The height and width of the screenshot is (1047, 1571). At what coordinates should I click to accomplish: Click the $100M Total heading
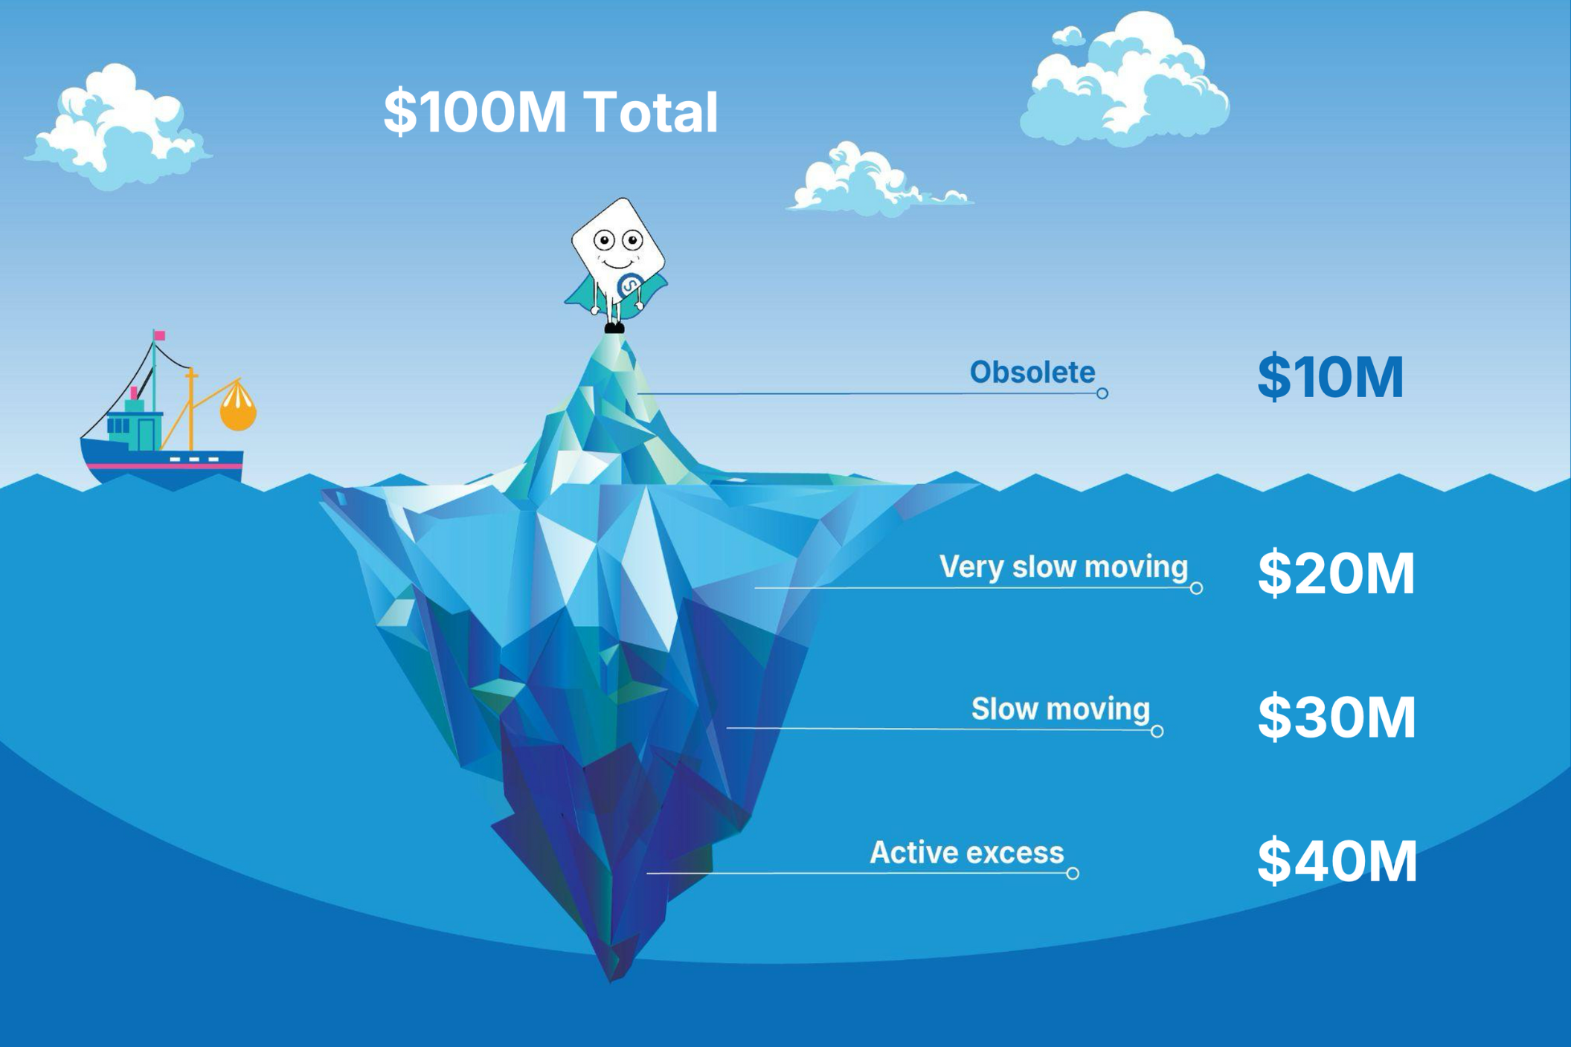pos(550,112)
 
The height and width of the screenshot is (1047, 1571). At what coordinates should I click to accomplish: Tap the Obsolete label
pos(1032,372)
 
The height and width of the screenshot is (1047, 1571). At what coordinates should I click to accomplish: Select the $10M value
pos(1330,377)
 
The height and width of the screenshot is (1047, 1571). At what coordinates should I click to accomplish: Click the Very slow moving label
pos(1063,567)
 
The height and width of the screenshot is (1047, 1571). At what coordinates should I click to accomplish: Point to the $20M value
pos(1336,573)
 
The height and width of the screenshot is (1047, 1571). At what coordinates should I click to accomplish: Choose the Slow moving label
pos(1060,709)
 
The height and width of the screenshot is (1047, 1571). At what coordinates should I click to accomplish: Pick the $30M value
pos(1337,718)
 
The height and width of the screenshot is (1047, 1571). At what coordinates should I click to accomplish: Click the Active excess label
pos(966,852)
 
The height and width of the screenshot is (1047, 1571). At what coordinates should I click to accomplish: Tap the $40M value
pos(1337,861)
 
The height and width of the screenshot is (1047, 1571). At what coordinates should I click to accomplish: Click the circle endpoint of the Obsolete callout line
pos(1102,393)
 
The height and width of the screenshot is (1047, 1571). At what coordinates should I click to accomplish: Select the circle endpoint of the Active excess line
pos(1073,874)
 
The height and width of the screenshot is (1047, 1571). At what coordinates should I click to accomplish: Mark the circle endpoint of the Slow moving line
pos(1157,732)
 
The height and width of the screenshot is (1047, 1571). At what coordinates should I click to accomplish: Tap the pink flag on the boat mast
pos(159,336)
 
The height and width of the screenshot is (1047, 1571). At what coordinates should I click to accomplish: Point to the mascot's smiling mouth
pos(617,264)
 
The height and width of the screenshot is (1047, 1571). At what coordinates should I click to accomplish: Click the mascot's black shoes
pos(614,327)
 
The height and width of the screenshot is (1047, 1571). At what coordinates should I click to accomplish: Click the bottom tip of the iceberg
pos(612,979)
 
